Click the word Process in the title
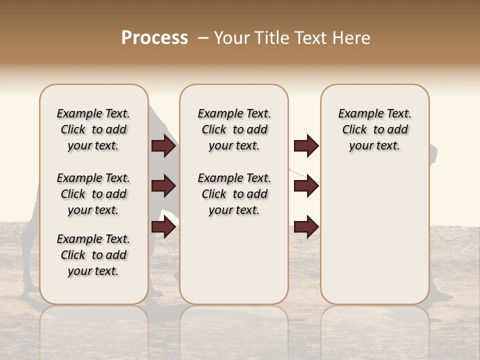coord(154,38)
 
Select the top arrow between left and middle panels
coord(163,146)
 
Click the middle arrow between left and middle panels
coord(163,186)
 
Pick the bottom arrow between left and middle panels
coord(163,227)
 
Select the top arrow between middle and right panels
coord(306,146)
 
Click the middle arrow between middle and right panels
coord(306,186)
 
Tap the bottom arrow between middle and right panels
coord(306,227)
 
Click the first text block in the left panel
coord(93,129)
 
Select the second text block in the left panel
coord(93,194)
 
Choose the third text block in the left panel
coord(93,255)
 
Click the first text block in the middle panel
coord(234,129)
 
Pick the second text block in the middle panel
coord(234,194)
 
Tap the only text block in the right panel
coord(374,129)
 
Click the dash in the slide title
coord(203,38)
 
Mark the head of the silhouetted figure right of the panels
coord(433,151)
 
